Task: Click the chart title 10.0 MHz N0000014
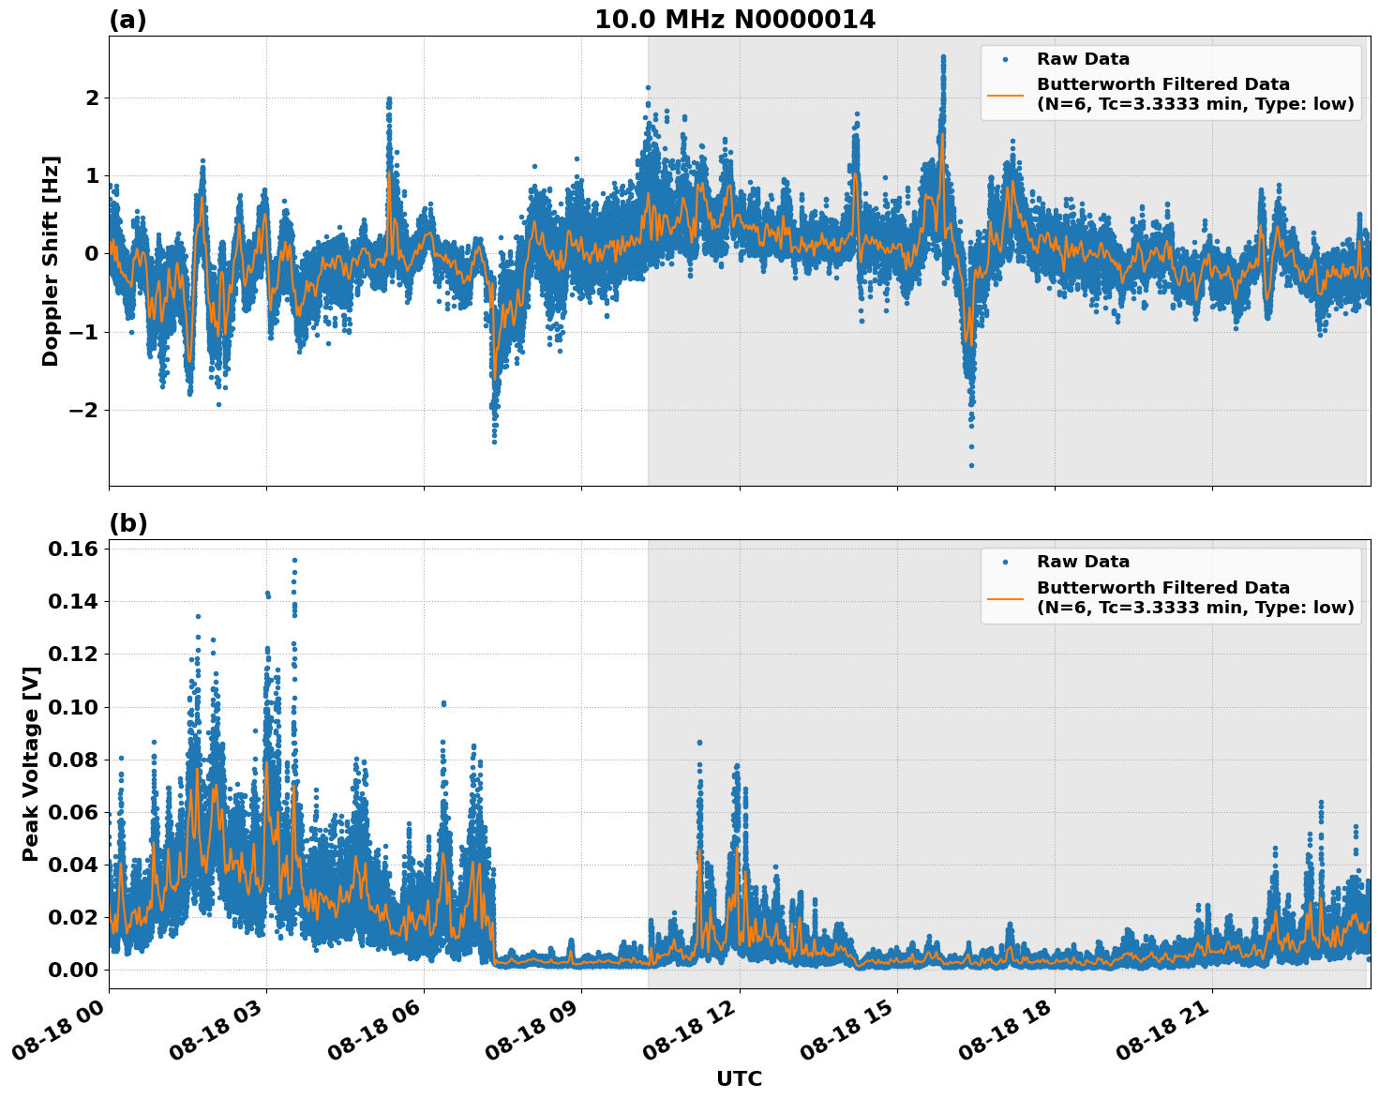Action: (x=735, y=20)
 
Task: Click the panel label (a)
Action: (x=127, y=20)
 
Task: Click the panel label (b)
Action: (x=127, y=523)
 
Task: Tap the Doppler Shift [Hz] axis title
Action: (x=51, y=261)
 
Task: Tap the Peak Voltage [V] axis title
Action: (x=31, y=763)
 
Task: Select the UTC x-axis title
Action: (x=739, y=1078)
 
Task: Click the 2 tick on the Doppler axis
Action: (x=92, y=98)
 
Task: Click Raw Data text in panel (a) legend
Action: (x=1083, y=59)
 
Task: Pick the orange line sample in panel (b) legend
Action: (x=1005, y=597)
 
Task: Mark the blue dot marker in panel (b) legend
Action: (x=1005, y=563)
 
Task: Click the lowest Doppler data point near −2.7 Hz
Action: (x=971, y=465)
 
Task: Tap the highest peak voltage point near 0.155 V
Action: (x=294, y=560)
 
